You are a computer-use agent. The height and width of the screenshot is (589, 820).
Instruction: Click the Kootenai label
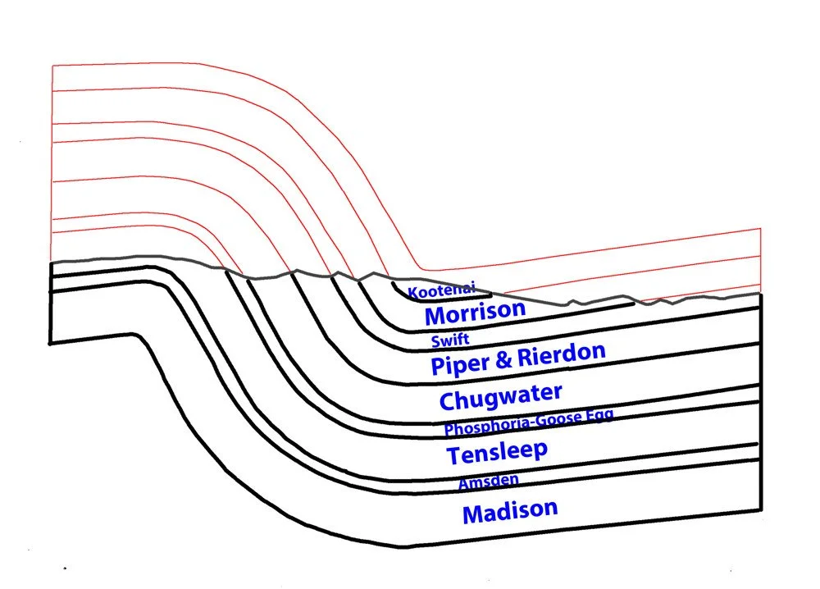click(x=441, y=290)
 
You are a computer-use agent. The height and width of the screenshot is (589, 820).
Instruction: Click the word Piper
click(x=462, y=362)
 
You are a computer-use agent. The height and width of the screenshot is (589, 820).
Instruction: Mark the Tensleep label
click(x=497, y=451)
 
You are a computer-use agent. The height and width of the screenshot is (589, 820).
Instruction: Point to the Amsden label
click(x=488, y=482)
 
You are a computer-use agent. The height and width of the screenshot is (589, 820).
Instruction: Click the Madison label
click(x=510, y=511)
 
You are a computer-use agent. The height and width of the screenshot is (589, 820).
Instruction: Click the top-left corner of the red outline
click(x=52, y=64)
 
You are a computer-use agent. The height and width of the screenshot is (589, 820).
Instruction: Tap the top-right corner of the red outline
click(x=761, y=229)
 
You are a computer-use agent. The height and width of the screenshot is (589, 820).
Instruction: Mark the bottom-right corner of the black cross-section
click(x=760, y=510)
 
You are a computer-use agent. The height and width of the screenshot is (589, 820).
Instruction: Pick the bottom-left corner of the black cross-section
click(x=51, y=342)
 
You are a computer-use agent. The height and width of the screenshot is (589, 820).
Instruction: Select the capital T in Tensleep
click(x=453, y=455)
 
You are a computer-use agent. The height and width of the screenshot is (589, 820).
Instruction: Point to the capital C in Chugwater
click(x=449, y=401)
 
